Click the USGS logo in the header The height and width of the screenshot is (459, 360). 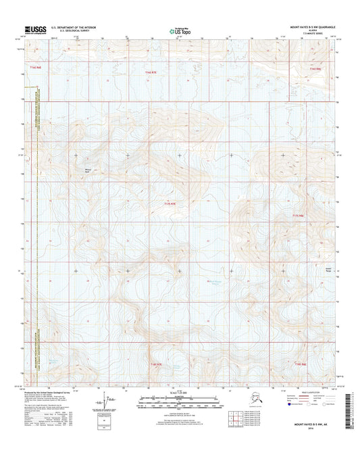32,29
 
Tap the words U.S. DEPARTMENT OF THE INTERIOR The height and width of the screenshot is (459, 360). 70,27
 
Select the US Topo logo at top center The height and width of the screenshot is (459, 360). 176,30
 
